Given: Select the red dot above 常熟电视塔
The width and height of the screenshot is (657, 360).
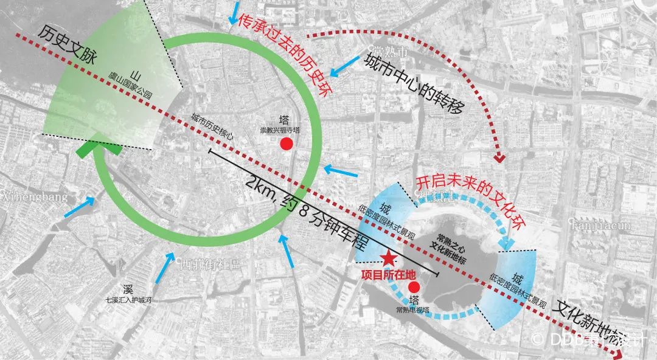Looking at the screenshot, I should coord(414,287).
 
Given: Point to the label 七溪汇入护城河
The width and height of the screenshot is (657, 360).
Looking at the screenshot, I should coord(128,300).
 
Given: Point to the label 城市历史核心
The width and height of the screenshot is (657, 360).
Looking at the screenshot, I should coord(212,128).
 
